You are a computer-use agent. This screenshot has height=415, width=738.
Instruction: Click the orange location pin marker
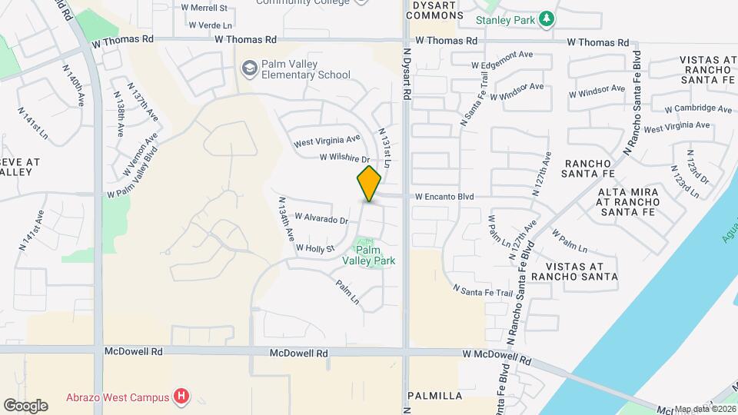[370, 183]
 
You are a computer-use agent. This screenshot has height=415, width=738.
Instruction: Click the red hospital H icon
[181, 397]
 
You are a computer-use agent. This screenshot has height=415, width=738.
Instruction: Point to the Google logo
[25, 406]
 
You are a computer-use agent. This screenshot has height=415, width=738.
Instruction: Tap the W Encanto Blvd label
[444, 197]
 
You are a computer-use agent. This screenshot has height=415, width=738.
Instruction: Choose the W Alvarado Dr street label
[321, 219]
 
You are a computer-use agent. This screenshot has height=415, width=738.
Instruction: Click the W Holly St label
[315, 248]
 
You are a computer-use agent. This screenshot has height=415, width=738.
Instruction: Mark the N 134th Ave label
[285, 220]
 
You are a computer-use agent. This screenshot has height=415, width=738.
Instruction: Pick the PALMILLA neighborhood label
[435, 396]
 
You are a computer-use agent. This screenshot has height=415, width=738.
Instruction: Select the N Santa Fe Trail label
[483, 291]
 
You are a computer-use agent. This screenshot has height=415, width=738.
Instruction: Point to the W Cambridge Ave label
[698, 109]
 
